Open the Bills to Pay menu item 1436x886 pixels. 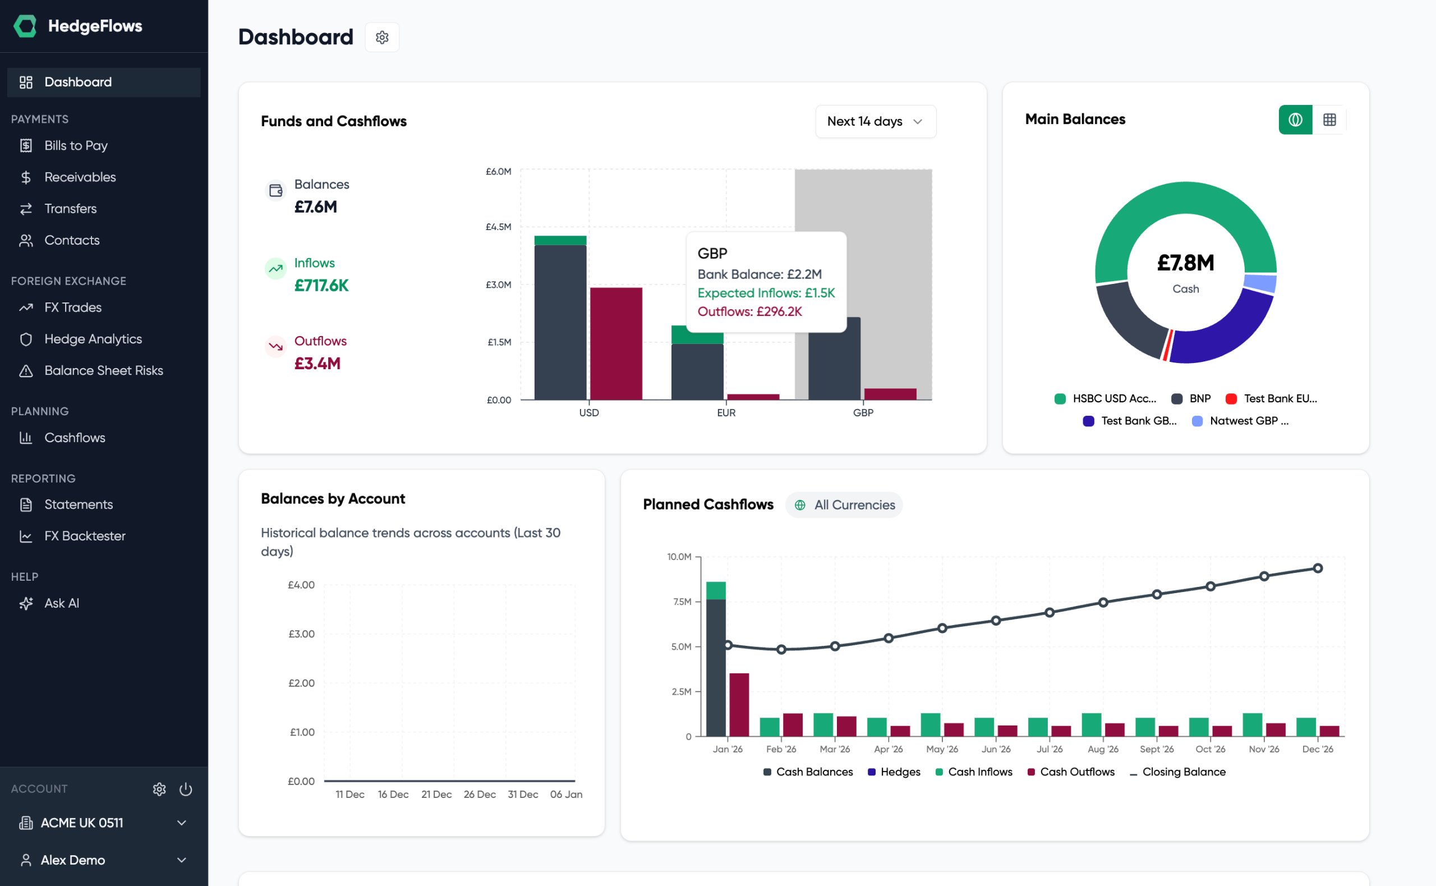point(76,145)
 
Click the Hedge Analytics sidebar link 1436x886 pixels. point(93,339)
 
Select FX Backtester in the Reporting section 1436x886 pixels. point(84,536)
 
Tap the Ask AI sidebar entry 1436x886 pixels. point(61,603)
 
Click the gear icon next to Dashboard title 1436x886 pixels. point(382,38)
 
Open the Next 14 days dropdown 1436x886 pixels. point(875,121)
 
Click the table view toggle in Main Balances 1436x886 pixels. point(1329,120)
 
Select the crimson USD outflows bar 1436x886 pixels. point(615,343)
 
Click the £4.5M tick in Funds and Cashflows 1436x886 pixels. point(498,227)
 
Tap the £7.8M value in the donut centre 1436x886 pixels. point(1185,263)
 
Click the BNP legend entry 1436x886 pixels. point(1192,398)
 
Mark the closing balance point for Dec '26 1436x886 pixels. point(1317,568)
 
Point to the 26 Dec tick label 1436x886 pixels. point(479,794)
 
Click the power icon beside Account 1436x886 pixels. point(186,789)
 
